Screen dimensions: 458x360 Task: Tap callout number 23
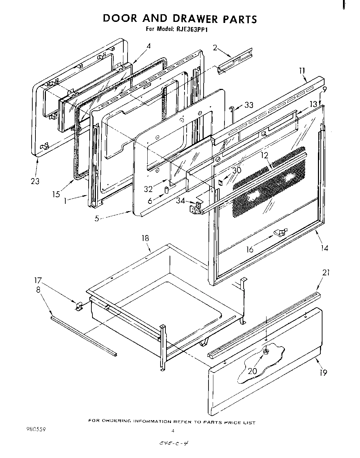click(x=35, y=181)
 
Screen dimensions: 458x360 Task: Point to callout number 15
click(x=56, y=194)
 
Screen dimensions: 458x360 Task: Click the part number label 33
click(x=249, y=105)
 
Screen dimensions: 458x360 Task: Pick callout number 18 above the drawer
click(x=145, y=238)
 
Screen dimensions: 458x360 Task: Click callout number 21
click(x=326, y=273)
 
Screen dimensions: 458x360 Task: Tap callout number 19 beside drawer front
click(x=323, y=373)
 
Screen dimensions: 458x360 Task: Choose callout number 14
click(x=324, y=248)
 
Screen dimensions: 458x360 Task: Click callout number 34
click(x=180, y=200)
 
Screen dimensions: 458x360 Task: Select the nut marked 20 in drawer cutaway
click(x=266, y=352)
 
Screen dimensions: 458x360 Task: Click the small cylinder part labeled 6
click(x=166, y=190)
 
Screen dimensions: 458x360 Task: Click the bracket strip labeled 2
click(x=235, y=63)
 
